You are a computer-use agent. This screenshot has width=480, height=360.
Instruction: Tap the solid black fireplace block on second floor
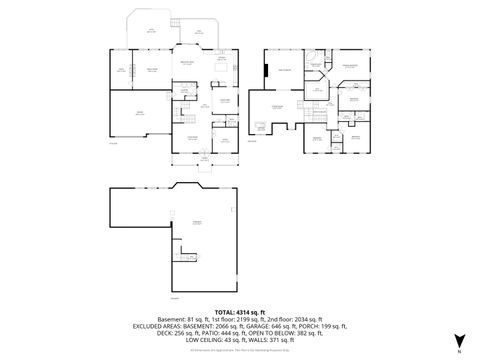(265, 70)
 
